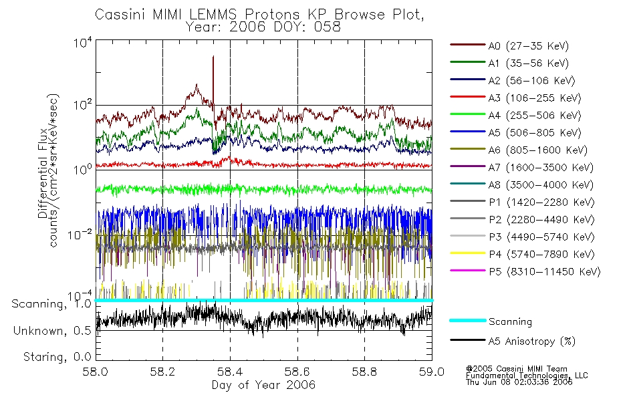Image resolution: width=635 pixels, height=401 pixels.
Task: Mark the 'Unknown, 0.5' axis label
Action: click(53, 331)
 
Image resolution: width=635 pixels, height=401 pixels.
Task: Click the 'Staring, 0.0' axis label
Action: click(57, 356)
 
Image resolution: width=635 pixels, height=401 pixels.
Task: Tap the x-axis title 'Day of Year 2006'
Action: click(263, 385)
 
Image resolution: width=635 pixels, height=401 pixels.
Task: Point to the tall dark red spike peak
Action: click(213, 57)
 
